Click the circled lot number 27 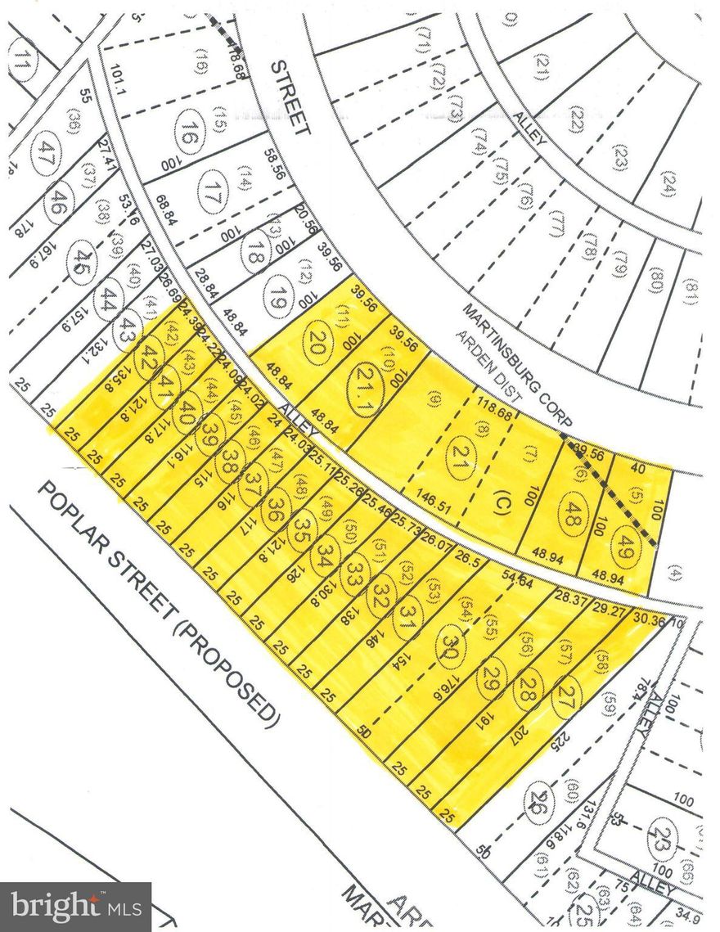564,696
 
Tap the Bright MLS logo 76,906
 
